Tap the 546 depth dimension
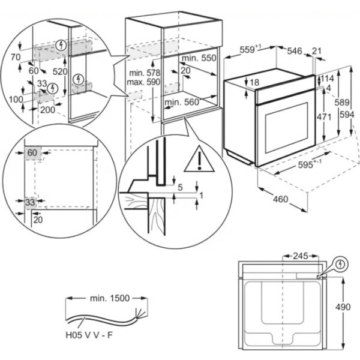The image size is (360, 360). [x=295, y=52]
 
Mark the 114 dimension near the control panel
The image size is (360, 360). [x=327, y=79]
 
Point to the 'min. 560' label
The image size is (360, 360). [x=181, y=103]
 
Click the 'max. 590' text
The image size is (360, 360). [x=142, y=82]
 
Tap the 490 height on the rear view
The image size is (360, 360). [x=344, y=307]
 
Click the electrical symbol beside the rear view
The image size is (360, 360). [x=341, y=263]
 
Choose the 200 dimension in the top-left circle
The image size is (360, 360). [x=47, y=110]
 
